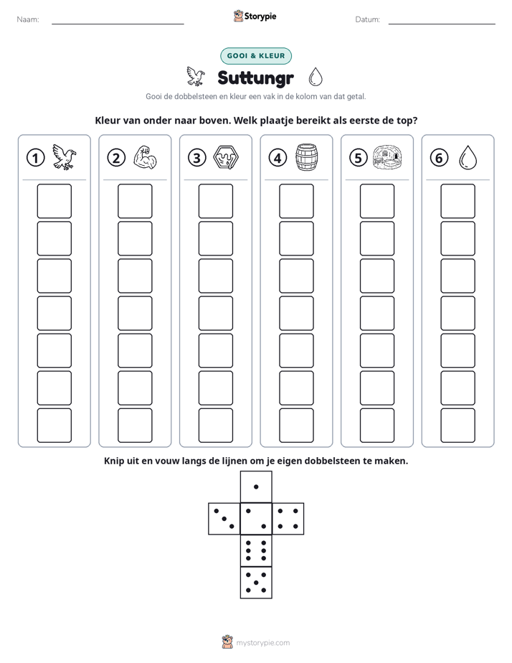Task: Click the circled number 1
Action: (35, 158)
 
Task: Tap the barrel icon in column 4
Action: (307, 157)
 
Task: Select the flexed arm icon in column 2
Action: (146, 158)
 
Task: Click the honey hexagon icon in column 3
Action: (226, 158)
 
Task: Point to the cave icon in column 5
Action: (387, 158)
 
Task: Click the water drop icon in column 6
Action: (468, 158)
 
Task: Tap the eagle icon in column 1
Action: (65, 157)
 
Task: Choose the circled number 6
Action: (439, 158)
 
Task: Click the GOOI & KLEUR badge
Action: (256, 56)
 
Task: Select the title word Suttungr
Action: (255, 77)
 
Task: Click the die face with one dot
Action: (256, 486)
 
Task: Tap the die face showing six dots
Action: (256, 550)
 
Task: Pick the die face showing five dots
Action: (256, 583)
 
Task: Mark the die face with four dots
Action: (288, 519)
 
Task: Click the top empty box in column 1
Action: (54, 201)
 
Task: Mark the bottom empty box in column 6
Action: (458, 425)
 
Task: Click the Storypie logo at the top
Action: (255, 16)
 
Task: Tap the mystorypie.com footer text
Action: (262, 643)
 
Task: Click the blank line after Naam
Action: (118, 24)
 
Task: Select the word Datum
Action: (368, 19)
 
